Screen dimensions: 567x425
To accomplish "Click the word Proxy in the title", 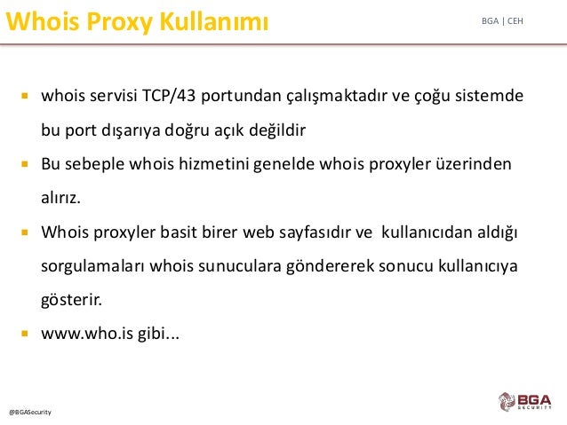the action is [x=120, y=22].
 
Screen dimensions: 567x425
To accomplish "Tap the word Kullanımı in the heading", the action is [x=214, y=21].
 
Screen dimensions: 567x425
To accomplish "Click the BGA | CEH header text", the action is [x=502, y=21].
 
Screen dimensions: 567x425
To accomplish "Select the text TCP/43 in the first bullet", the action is [x=169, y=96].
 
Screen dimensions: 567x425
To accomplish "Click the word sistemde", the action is [x=489, y=96].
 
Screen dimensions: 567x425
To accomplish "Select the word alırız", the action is [x=60, y=198].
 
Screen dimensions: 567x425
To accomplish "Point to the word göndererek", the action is [x=330, y=266].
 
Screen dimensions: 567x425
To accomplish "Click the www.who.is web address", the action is [x=87, y=334].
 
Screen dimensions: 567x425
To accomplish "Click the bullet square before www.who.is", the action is [x=25, y=334].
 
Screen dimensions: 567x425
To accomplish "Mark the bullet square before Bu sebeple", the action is [x=25, y=164].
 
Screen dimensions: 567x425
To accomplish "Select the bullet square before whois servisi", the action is [x=25, y=96].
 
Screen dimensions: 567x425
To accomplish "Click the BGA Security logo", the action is [x=525, y=402].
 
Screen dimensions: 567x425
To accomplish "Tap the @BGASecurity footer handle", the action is [x=30, y=413].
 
